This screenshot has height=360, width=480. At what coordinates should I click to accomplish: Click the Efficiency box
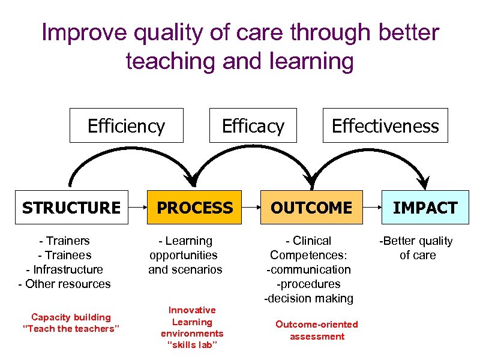(126, 125)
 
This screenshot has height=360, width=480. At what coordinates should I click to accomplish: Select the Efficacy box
(253, 125)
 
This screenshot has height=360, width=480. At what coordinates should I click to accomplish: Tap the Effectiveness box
(385, 125)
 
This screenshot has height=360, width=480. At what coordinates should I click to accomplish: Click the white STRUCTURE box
(71, 208)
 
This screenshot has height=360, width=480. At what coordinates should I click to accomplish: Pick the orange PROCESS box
(194, 208)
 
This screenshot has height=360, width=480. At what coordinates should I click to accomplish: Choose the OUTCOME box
(311, 208)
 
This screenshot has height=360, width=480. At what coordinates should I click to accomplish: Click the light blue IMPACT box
(425, 208)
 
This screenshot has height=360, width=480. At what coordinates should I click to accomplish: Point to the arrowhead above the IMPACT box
(425, 179)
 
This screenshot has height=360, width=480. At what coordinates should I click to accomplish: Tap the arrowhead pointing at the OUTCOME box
(310, 179)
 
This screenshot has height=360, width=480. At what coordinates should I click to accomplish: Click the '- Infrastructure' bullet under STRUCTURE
(64, 269)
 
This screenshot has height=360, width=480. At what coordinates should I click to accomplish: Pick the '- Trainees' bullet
(64, 255)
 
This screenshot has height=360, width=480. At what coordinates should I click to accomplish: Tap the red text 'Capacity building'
(71, 317)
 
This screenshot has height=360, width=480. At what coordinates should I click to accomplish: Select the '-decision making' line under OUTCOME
(309, 298)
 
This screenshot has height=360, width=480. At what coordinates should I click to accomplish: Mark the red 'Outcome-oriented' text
(317, 324)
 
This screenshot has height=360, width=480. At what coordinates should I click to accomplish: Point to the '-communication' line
(309, 269)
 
